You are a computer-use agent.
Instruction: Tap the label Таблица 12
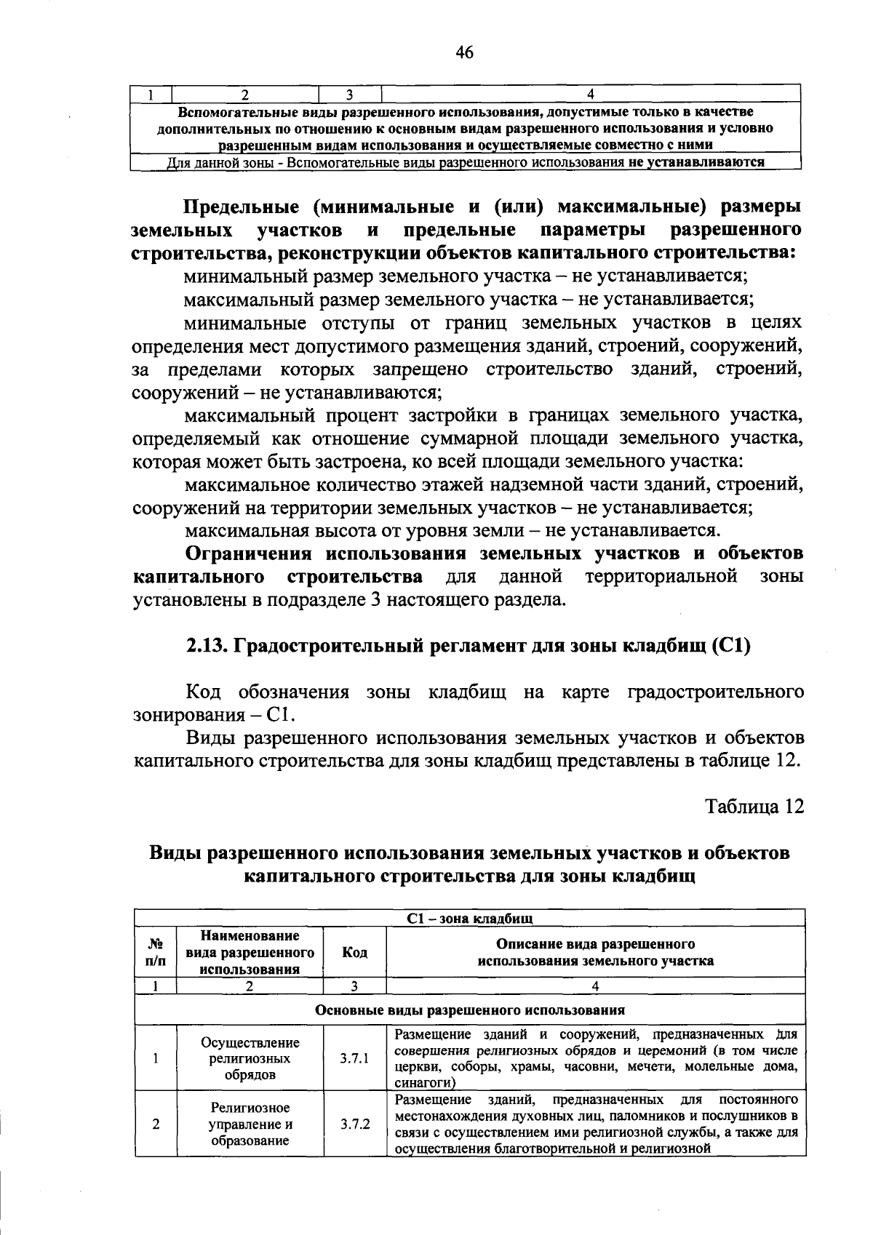[755, 807]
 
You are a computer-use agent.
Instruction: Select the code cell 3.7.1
[355, 1058]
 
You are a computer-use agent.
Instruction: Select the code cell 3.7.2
[355, 1123]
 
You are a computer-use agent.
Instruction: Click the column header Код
[354, 952]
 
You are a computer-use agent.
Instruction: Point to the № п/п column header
[156, 952]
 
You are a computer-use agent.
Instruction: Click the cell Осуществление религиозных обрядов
[250, 1058]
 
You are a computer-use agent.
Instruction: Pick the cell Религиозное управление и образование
[250, 1124]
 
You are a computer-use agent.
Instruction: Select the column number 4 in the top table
[591, 93]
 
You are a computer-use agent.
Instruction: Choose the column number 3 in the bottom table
[354, 987]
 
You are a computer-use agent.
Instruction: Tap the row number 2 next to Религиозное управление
[156, 1124]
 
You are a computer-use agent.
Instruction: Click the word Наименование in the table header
[250, 936]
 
